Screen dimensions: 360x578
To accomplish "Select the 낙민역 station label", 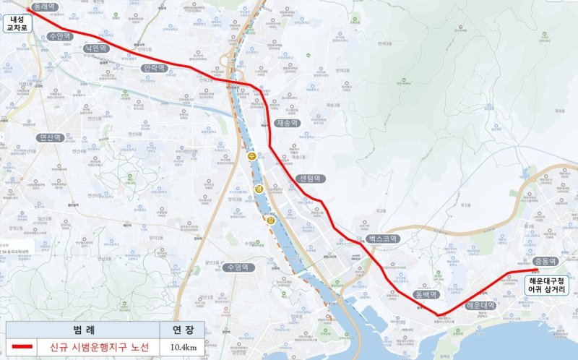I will coord(95,48).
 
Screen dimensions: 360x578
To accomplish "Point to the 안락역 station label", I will coord(155,68).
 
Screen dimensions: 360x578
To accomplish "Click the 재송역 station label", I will coord(287,124).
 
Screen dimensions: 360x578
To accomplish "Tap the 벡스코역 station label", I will coord(380,238).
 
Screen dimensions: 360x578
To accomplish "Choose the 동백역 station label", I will coord(427,294).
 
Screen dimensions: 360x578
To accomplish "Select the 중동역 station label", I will coord(545,262).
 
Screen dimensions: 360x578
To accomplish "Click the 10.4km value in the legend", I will coord(181,348).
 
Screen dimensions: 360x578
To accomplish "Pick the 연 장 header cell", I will coord(181,330).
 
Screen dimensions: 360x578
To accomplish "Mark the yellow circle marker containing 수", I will coord(251,155).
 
